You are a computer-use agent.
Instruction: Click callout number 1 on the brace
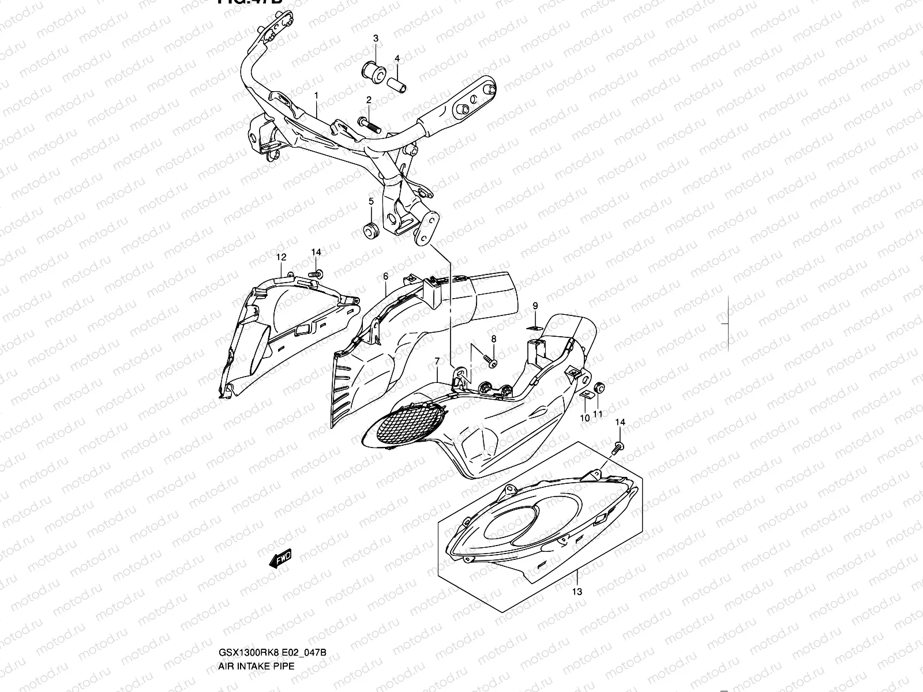316,94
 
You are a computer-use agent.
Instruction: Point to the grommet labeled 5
370,228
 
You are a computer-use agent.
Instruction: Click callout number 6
385,277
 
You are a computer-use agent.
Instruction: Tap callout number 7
437,362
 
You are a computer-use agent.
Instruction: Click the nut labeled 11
599,388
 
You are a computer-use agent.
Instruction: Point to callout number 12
281,257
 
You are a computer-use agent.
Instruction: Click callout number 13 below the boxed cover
577,592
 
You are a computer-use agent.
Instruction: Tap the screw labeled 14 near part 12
317,273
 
